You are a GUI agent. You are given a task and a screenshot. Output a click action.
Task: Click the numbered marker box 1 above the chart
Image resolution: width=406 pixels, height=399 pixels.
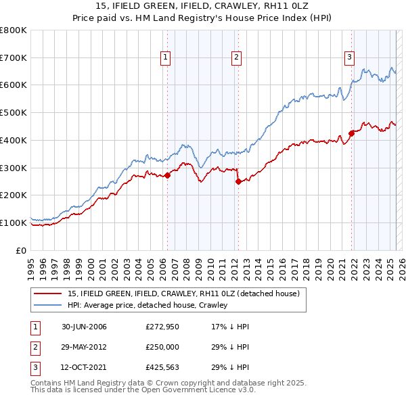(166, 58)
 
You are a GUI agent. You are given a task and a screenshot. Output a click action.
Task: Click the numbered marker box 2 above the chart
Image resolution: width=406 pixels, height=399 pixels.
(237, 58)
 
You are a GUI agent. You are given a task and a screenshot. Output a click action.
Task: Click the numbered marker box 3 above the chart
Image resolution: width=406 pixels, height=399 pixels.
(350, 58)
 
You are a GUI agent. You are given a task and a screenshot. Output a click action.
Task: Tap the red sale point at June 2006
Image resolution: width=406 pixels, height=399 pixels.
(167, 175)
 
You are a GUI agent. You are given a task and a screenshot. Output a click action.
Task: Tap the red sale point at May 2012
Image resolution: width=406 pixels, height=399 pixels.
(238, 181)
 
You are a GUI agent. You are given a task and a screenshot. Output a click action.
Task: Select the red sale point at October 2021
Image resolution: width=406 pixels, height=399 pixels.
(351, 133)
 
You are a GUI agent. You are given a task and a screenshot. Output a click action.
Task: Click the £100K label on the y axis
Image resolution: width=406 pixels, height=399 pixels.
(14, 222)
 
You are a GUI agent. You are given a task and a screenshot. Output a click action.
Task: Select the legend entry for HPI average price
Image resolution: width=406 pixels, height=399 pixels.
(148, 305)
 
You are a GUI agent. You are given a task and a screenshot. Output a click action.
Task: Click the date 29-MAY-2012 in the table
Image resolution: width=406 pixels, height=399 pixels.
(84, 347)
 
